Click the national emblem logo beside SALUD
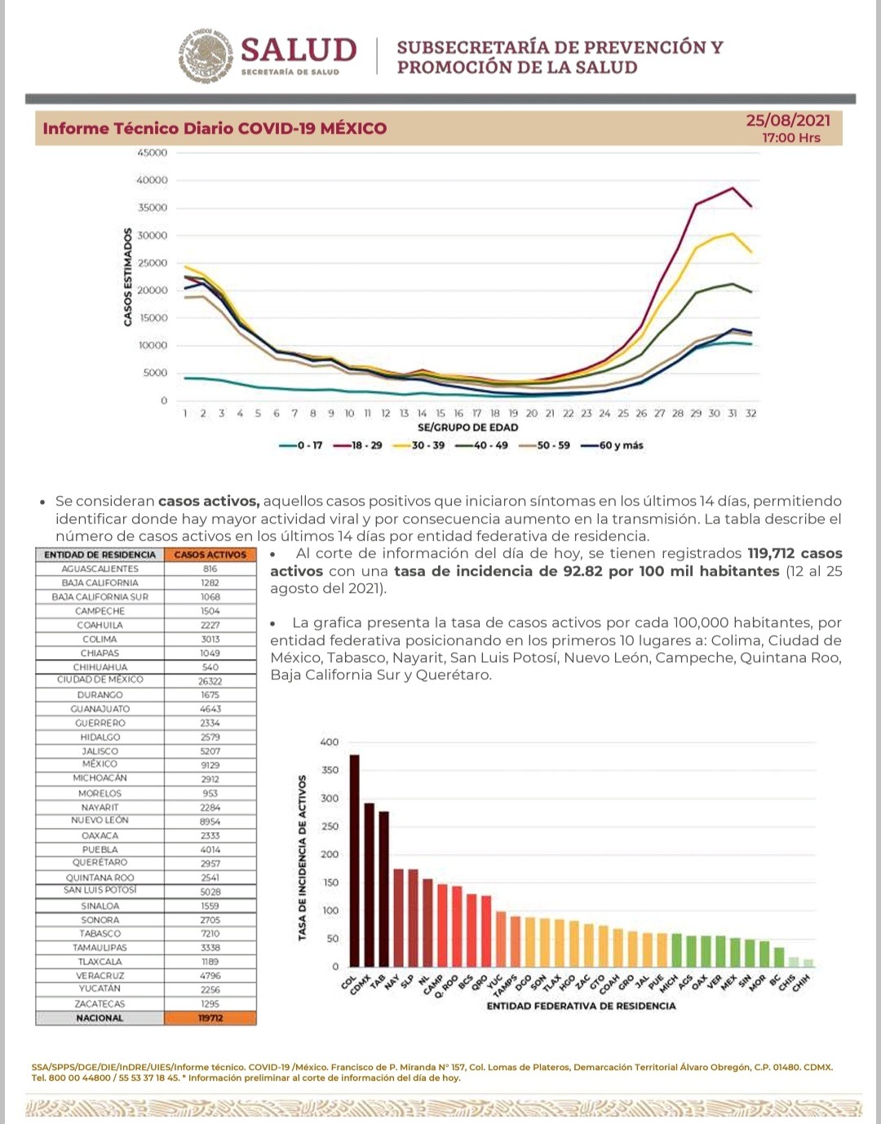point(206,56)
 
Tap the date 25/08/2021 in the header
point(787,121)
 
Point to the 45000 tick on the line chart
point(153,153)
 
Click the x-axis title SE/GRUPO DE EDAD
point(467,427)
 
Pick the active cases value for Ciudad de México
point(210,681)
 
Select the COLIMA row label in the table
point(100,639)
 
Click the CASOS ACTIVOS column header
point(210,555)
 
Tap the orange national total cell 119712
point(210,1018)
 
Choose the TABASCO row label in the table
point(100,934)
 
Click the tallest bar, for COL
point(354,861)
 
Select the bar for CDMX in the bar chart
point(369,885)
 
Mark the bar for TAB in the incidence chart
point(383,889)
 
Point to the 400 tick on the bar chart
point(329,742)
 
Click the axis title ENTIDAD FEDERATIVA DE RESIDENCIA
point(581,1006)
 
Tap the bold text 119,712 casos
point(794,553)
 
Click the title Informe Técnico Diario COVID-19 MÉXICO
point(215,129)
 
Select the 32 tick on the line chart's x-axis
point(750,414)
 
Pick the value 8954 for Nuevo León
point(210,821)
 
